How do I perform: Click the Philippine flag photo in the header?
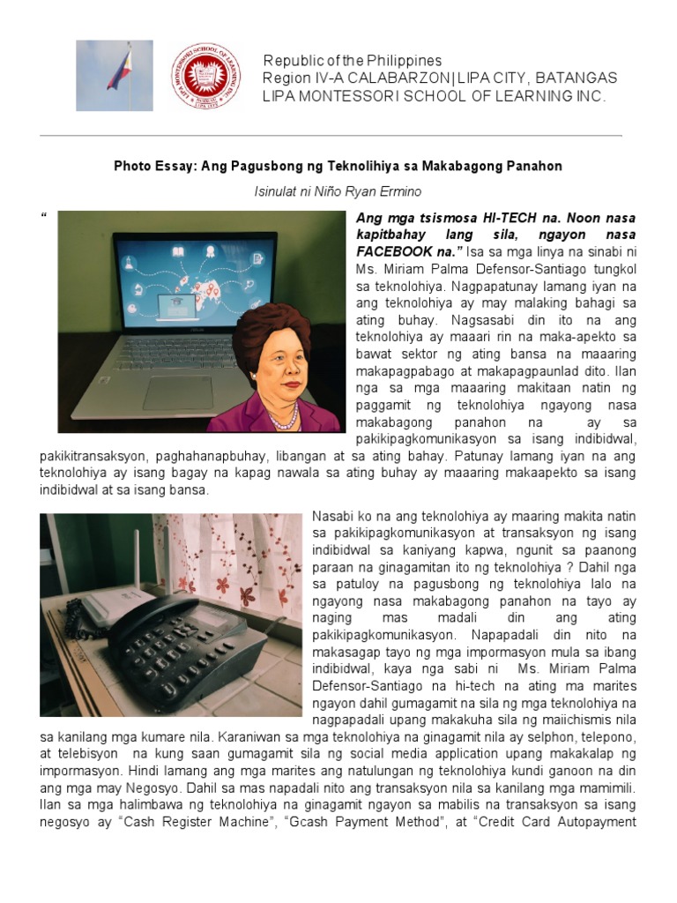click(x=114, y=76)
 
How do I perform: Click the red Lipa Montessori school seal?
click(x=206, y=76)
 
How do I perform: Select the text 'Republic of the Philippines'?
click(x=353, y=61)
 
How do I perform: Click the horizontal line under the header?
click(x=331, y=136)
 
